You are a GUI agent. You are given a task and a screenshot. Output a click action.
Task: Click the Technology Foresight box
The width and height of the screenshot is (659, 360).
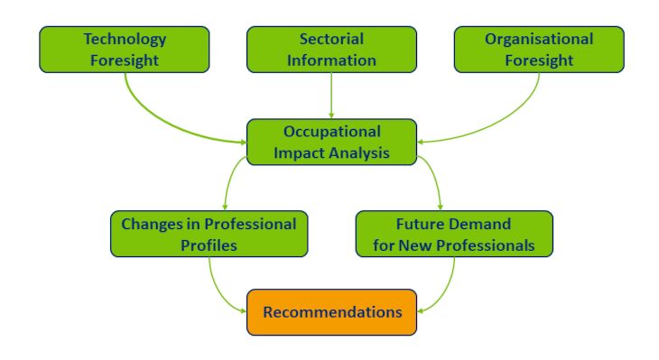click(125, 50)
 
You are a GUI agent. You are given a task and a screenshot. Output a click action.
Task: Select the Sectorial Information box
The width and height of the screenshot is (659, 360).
click(331, 50)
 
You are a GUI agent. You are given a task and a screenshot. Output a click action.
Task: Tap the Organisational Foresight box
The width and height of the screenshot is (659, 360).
click(539, 50)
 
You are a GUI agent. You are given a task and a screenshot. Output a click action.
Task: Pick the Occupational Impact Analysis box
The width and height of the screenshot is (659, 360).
click(331, 142)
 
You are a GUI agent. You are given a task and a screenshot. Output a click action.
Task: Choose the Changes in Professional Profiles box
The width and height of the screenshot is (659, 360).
click(209, 234)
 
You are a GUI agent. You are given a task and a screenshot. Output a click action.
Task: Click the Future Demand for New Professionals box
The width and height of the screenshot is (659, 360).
click(454, 234)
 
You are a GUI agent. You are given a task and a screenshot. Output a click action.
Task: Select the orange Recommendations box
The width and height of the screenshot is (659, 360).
click(331, 312)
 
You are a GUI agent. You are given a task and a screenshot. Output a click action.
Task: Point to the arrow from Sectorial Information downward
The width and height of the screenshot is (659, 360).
click(331, 96)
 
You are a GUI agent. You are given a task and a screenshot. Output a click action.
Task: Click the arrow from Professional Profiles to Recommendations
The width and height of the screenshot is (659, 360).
click(218, 294)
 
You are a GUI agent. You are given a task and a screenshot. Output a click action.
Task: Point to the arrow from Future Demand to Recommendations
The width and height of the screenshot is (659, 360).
click(445, 294)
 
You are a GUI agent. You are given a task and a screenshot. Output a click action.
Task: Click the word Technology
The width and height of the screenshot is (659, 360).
click(125, 40)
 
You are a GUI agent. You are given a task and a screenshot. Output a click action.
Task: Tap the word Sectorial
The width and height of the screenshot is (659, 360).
click(331, 39)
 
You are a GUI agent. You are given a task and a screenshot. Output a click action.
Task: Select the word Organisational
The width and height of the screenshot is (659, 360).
click(539, 40)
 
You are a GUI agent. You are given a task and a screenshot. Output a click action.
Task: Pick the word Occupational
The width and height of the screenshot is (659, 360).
click(332, 132)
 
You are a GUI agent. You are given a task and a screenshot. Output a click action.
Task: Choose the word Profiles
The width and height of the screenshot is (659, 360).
click(209, 245)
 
